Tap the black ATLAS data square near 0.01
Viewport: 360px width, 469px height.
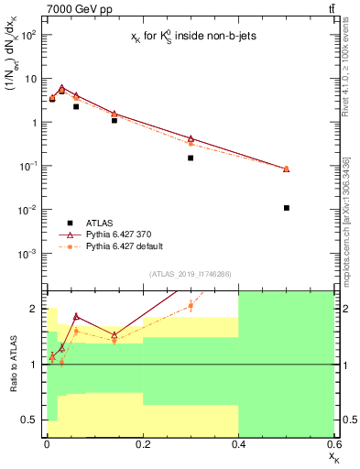(x=52, y=98)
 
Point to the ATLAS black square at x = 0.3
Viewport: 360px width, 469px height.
(x=191, y=158)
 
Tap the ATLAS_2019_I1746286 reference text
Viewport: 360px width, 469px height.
(x=191, y=273)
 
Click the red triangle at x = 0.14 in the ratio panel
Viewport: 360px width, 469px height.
(x=115, y=334)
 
